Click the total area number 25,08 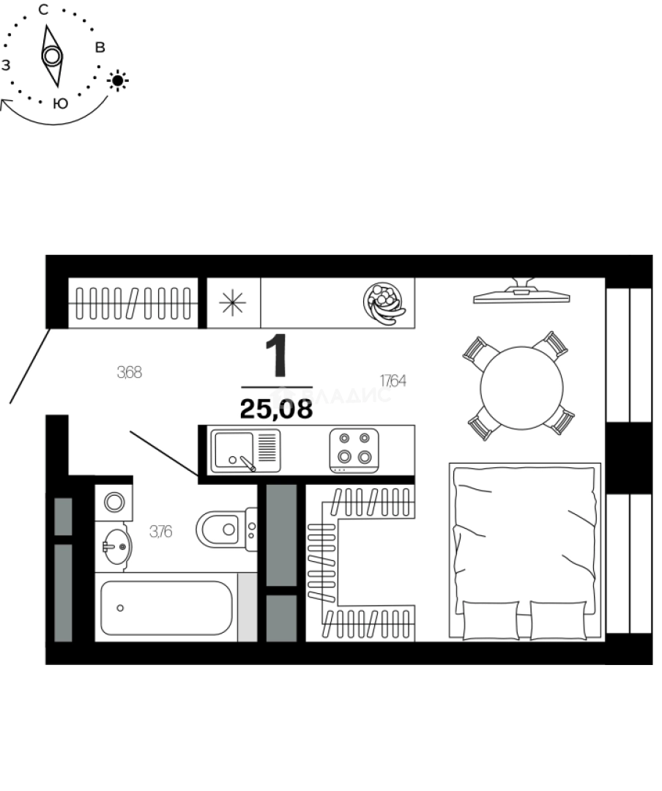click(276, 409)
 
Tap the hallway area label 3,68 click(129, 372)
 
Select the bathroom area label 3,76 click(160, 532)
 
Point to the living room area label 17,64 click(393, 380)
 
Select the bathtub click(166, 607)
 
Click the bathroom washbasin click(115, 544)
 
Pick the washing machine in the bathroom click(114, 502)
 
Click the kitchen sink click(233, 450)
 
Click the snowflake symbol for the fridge click(233, 302)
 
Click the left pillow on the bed click(492, 620)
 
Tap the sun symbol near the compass click(118, 80)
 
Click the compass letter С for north click(43, 10)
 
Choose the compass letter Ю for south click(61, 104)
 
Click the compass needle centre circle click(51, 56)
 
